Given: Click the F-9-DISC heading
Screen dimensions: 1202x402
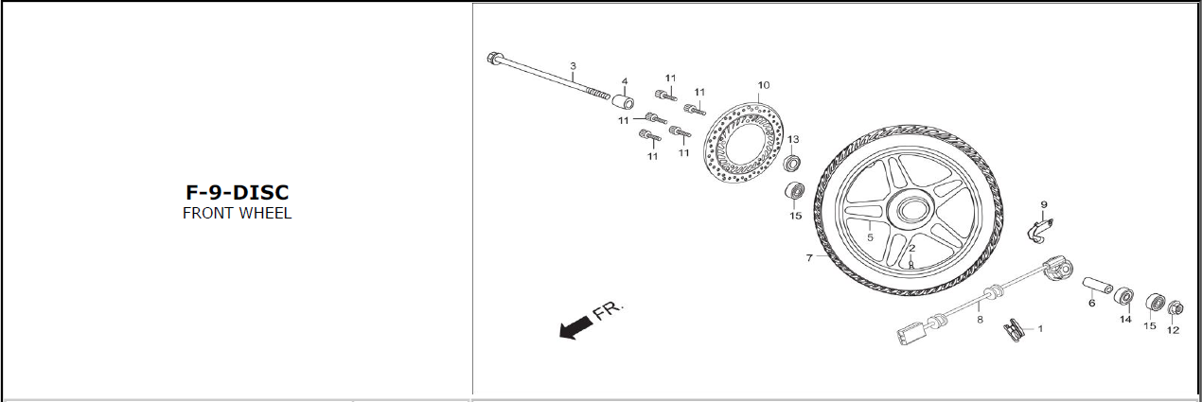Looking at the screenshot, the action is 238,192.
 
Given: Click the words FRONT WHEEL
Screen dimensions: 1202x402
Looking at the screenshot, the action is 238,214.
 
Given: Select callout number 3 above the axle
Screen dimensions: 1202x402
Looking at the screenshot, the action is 574,66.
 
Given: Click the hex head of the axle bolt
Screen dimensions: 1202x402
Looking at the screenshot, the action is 494,57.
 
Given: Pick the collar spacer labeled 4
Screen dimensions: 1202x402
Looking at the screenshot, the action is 624,102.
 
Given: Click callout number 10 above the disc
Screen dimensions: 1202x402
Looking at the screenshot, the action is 764,85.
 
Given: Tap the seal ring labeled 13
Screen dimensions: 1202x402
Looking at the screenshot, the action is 791,163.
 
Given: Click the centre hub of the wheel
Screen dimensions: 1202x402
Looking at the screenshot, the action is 910,208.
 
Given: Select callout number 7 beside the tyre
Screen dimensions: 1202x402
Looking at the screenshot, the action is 809,258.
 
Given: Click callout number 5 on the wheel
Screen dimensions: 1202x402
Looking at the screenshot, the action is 870,237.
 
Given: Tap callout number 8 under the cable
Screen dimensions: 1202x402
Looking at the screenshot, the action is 980,320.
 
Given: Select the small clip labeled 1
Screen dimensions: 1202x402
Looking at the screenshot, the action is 1013,330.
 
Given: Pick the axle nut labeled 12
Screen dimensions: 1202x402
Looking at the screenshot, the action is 1175,308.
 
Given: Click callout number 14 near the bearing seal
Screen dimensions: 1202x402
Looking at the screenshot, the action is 1125,320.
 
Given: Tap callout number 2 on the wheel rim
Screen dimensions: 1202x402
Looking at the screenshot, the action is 911,249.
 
